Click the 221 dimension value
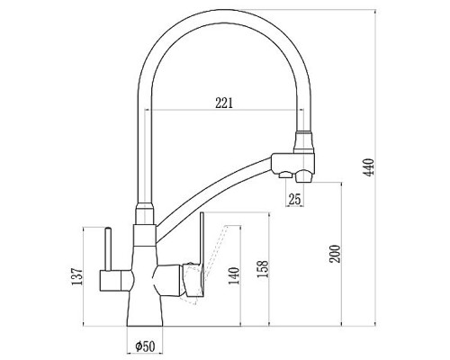224,103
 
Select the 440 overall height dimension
369,167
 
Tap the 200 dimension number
335,254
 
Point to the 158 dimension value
263,269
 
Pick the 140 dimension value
234,275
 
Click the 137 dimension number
76,276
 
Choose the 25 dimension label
294,199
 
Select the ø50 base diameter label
145,346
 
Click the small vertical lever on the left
108,248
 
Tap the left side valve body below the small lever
115,280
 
